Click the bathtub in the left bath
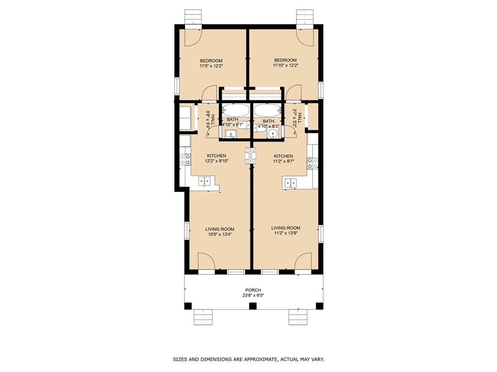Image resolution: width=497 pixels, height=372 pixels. pos(235,110)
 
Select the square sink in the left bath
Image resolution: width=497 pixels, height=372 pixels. pos(231,134)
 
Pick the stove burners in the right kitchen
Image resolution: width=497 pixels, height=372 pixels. pos(313,163)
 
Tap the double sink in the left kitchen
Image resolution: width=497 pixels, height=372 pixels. pos(204,181)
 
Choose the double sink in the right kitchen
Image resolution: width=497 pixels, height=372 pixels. pos(291,183)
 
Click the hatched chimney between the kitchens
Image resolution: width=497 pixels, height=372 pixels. pos(250,155)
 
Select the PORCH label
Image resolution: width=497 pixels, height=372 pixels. pos(253,290)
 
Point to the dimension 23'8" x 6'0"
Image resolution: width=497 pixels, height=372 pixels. pos(253,295)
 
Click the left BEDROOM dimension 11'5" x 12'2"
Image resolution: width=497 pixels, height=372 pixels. pos(211,66)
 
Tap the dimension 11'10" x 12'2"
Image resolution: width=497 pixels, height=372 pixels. pos(285,65)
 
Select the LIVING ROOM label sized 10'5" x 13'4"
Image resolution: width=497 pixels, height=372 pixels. pos(220,229)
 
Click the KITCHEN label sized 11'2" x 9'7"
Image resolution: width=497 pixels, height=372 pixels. pos(283,156)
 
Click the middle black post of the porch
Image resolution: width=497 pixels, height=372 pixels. pos(252,306)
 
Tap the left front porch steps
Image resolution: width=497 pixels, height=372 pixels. pos(203,317)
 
